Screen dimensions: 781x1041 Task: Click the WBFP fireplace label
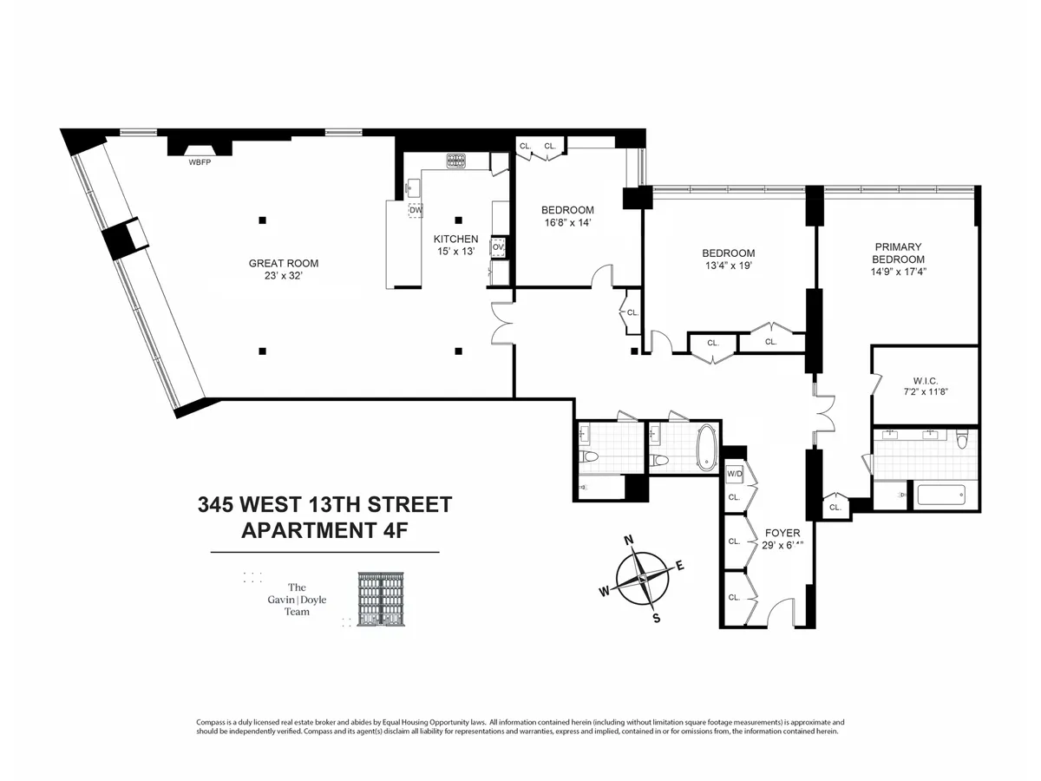200,161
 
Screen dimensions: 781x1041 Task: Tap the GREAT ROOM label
283,264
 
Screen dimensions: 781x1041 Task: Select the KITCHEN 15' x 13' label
455,245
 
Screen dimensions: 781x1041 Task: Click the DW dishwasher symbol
416,210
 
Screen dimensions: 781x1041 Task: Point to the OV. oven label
498,246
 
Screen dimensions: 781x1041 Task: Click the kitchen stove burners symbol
456,160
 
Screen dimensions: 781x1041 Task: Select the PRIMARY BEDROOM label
898,253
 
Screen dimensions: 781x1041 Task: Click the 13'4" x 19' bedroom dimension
728,266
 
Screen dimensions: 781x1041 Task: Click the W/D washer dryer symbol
735,474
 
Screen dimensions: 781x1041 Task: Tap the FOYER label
782,533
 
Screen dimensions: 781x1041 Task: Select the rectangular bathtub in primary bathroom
940,496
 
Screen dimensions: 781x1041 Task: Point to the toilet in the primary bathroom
960,439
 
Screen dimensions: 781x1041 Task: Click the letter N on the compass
629,541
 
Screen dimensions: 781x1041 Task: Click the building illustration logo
383,599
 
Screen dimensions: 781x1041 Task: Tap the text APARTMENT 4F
324,531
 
